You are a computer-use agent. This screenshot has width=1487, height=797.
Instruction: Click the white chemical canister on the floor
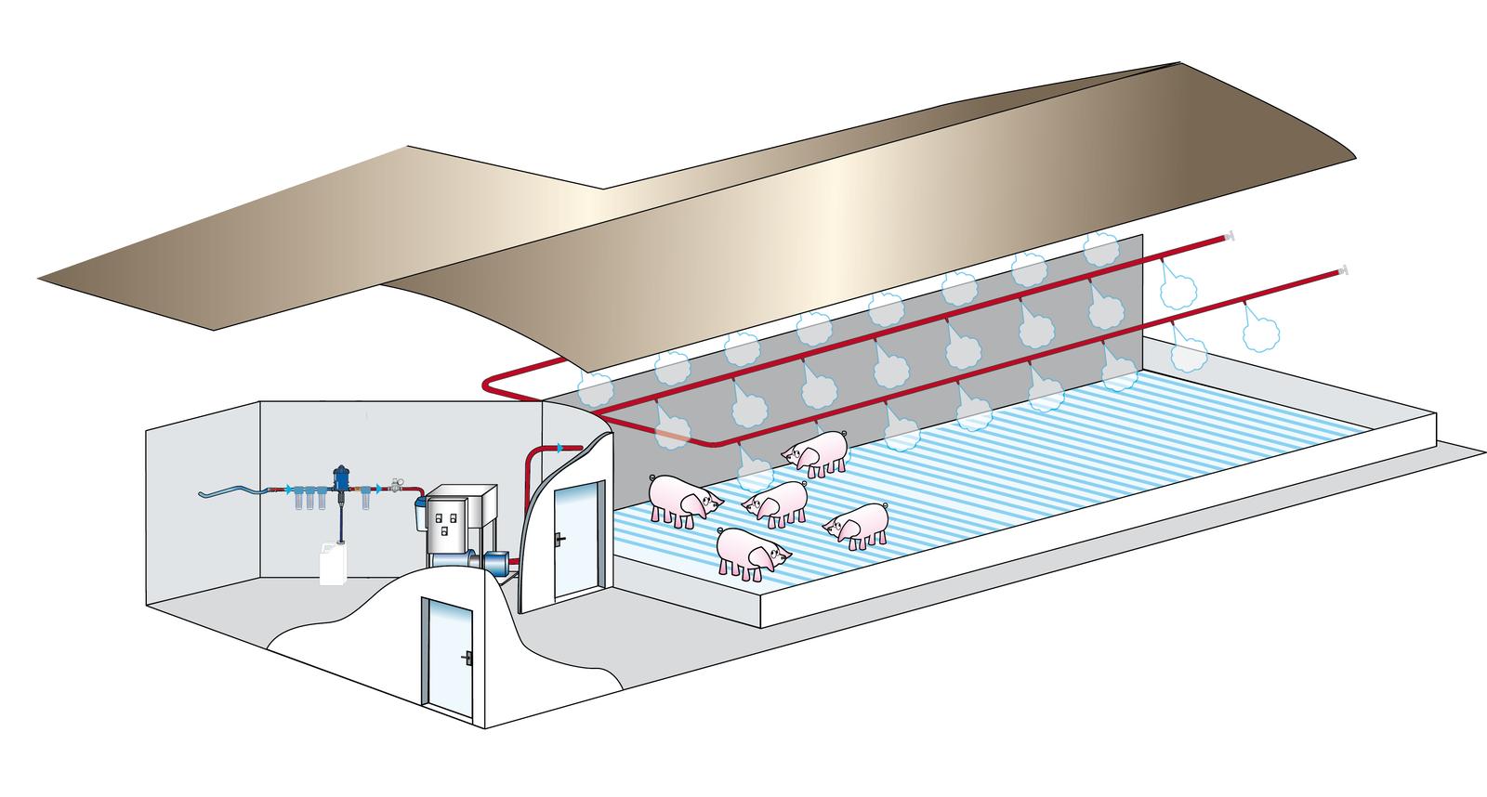(x=333, y=563)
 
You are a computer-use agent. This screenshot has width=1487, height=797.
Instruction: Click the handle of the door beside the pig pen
(x=559, y=538)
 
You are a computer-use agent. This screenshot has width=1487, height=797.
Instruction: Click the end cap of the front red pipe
(x=1343, y=271)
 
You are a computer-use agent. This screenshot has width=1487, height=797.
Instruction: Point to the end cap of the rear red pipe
(x=1230, y=236)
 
